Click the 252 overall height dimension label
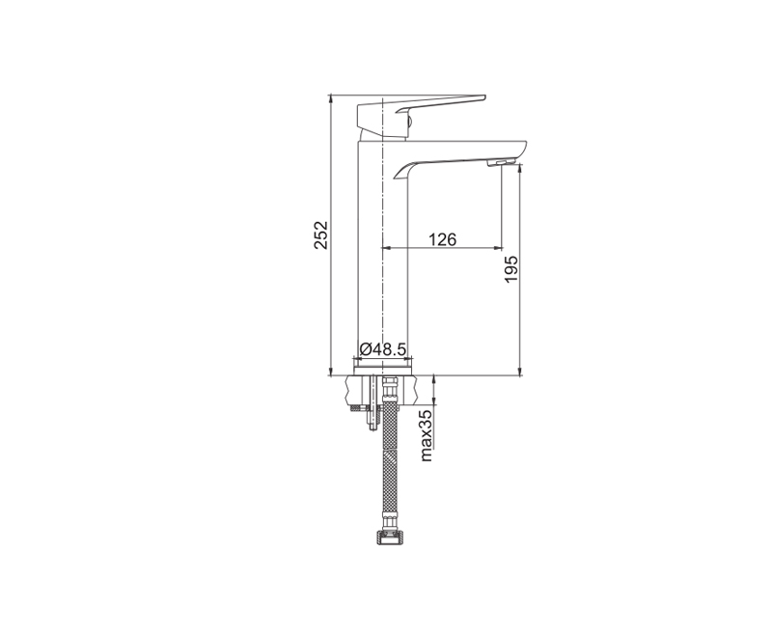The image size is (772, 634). coord(320,234)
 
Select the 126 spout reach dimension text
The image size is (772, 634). coord(442,239)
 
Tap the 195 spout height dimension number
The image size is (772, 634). coord(511,269)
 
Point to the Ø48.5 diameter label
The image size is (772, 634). coord(382,349)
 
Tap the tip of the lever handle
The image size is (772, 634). coord(484,97)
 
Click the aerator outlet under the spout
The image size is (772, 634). coord(500,163)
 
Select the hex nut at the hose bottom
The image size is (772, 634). coord(388,538)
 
